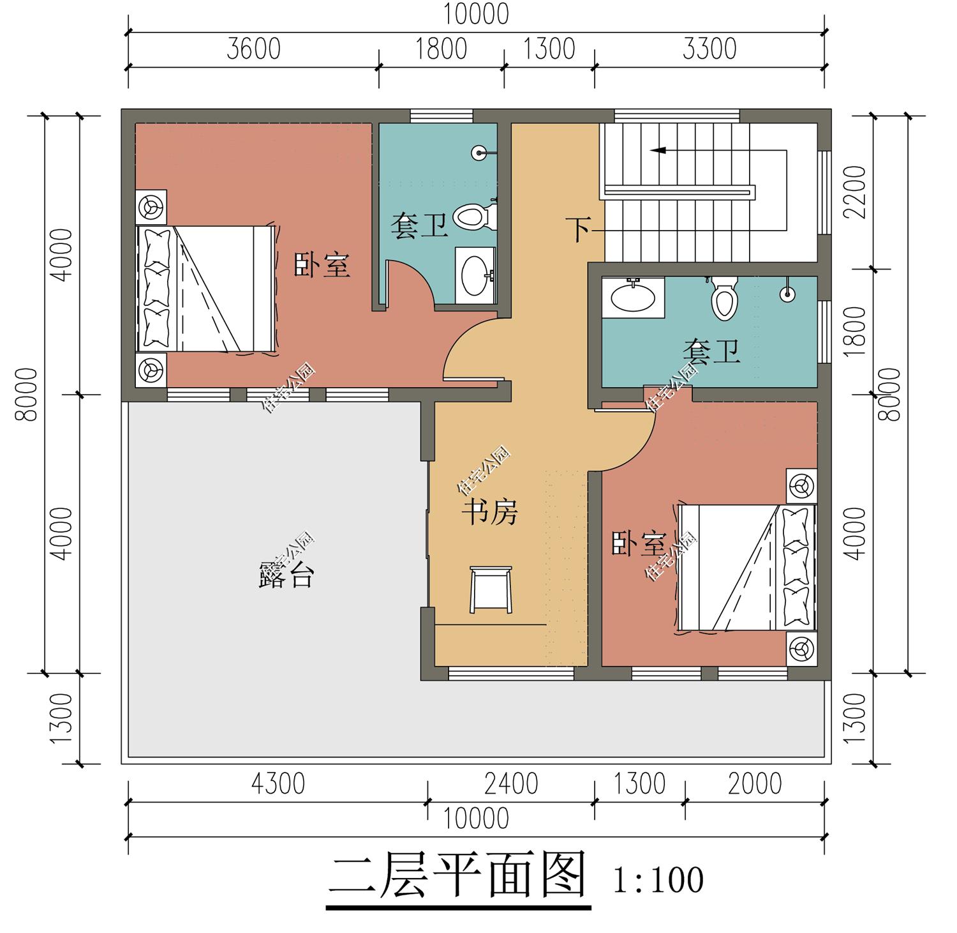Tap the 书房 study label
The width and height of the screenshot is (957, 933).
point(489,512)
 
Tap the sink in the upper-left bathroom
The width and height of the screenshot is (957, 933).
point(475,275)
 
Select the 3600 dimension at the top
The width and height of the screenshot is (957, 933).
point(253,49)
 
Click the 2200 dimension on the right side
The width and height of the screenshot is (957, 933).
point(856,192)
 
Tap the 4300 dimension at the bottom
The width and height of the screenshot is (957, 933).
point(278,784)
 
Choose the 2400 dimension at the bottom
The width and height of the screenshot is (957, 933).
point(511,784)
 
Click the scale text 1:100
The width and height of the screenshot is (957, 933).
point(658,880)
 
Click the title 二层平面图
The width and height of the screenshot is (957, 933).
point(457,877)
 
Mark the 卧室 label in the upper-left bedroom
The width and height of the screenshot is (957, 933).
point(322,264)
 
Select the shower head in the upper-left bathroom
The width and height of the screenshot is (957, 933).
point(479,153)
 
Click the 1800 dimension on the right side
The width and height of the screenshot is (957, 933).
point(856,327)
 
